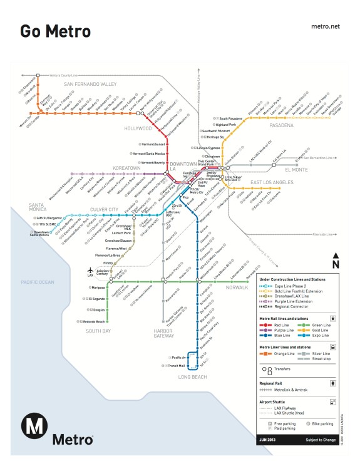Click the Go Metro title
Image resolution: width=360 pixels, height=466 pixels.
(x=55, y=31)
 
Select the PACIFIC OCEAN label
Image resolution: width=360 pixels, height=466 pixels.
(x=38, y=282)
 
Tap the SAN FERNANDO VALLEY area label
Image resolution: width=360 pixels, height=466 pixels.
(x=90, y=84)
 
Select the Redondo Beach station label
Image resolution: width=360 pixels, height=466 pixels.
(x=94, y=321)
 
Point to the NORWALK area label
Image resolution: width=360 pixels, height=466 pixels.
(x=238, y=288)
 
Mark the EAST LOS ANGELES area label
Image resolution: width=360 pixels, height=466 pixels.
(x=272, y=182)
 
